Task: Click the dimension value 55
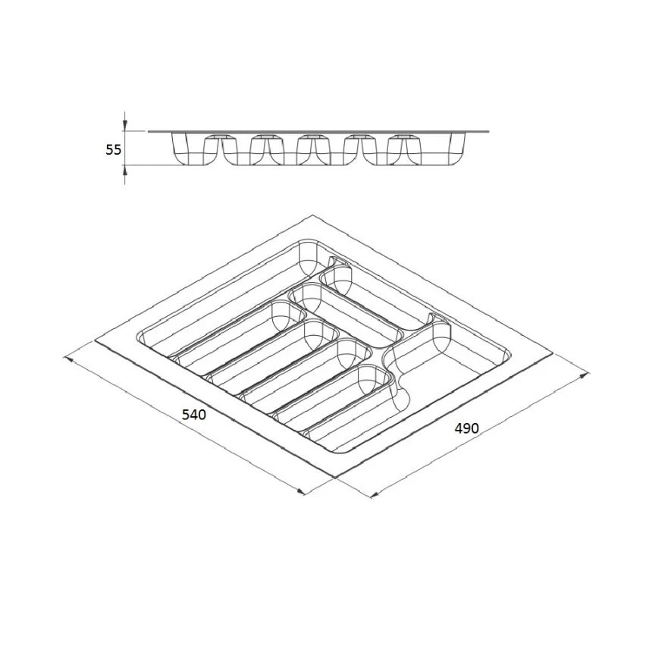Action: [x=113, y=149]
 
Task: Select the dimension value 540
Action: [x=194, y=415]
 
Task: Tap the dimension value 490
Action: [x=466, y=428]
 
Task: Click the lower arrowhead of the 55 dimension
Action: [x=125, y=171]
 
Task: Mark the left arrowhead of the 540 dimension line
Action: [x=67, y=359]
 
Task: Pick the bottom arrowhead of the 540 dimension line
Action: [x=301, y=491]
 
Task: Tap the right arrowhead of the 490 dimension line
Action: [x=585, y=375]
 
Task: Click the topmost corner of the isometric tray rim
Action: [x=312, y=215]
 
